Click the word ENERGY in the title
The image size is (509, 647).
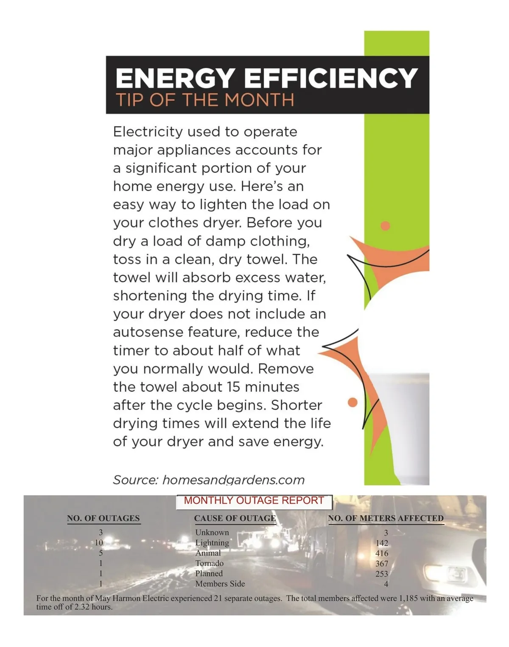pos(174,78)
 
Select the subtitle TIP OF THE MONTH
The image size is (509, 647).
pos(205,100)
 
